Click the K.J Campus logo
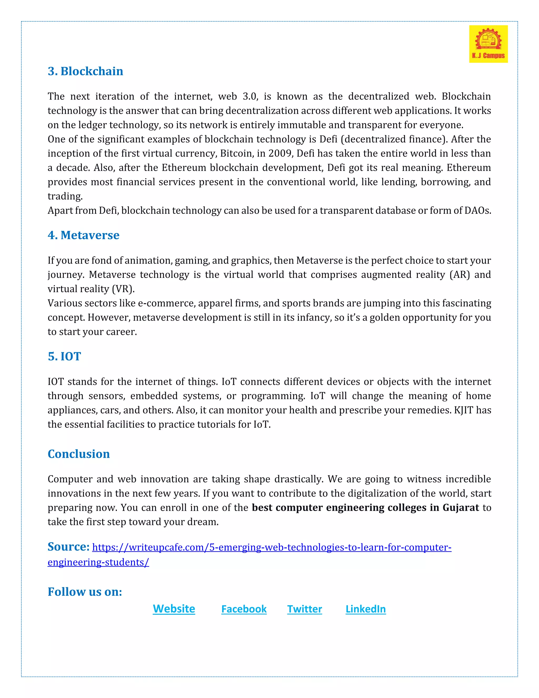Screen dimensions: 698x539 coord(488,44)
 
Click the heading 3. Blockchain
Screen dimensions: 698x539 coord(85,71)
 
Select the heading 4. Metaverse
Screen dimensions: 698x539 coord(83,235)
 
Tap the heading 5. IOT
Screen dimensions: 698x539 coord(64,356)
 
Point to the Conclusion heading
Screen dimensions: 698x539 coord(78,454)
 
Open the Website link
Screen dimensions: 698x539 coord(174,609)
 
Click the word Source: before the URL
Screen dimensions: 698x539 coord(68,547)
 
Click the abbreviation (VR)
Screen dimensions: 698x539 coord(123,289)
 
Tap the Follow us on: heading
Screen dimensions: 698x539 coord(85,592)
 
